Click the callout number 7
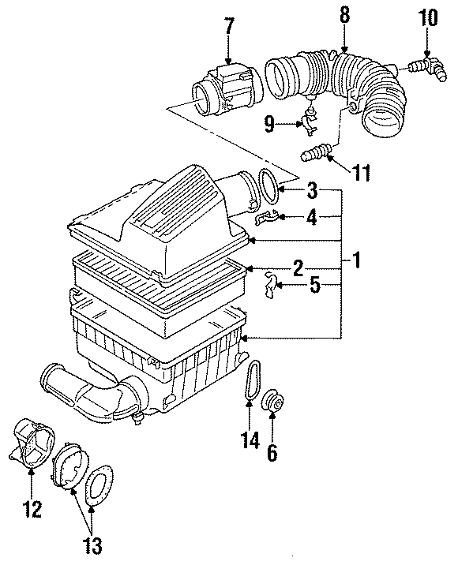point(229,26)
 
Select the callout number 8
point(345,15)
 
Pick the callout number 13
point(90,544)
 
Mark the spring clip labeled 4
point(268,215)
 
